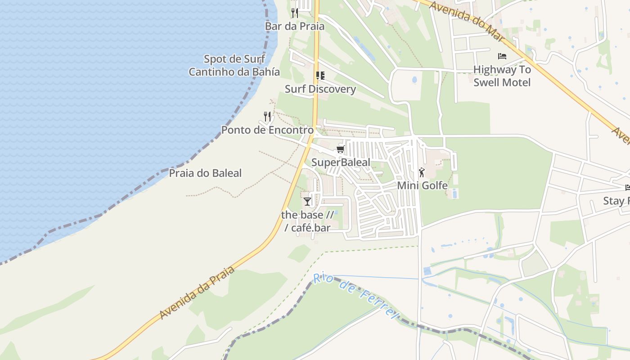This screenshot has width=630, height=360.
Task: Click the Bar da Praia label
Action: pos(294,26)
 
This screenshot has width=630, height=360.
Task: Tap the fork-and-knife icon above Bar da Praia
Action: pos(295,13)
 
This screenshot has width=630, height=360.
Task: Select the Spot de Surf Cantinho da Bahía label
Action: pos(234,65)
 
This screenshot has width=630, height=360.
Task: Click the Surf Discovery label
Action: pos(320,89)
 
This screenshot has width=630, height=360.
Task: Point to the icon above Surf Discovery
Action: pos(320,75)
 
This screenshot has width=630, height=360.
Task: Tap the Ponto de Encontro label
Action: pos(267,130)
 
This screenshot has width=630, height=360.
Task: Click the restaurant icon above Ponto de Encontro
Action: pos(267,117)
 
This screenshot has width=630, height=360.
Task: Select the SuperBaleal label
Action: pos(341,162)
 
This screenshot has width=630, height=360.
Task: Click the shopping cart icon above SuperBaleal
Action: pos(341,149)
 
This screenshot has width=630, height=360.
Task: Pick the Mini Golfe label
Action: pos(422,185)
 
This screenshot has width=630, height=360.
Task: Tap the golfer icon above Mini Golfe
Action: pos(422,172)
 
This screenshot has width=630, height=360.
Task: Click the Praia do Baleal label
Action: pos(205,173)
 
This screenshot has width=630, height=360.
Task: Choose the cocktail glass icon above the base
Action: pos(307,202)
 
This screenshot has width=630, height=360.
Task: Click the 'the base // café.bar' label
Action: pos(308,221)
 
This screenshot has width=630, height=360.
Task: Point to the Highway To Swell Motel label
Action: pos(502,76)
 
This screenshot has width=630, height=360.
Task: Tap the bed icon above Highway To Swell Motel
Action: pos(502,56)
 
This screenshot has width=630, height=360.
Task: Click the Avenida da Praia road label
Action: pos(197,293)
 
